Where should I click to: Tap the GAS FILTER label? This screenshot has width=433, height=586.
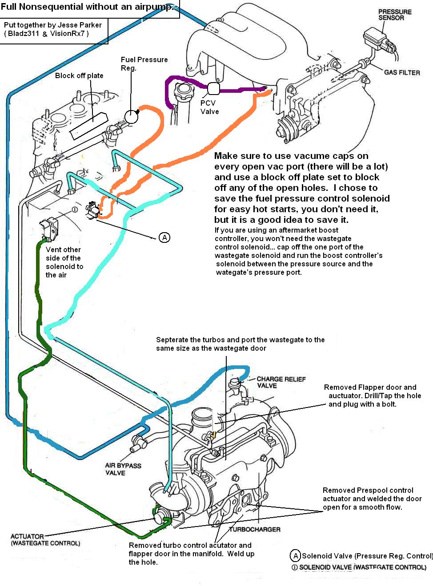pyautogui.click(x=402, y=72)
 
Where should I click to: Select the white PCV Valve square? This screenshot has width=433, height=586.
pyautogui.click(x=213, y=89)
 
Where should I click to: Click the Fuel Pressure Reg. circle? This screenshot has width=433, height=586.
pyautogui.click(x=132, y=116)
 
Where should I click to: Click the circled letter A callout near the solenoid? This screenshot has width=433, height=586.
pyautogui.click(x=164, y=238)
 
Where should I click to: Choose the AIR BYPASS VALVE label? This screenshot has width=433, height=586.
pyautogui.click(x=123, y=469)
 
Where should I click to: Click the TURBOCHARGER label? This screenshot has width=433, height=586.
pyautogui.click(x=255, y=529)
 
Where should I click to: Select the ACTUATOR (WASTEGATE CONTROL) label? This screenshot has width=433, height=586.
pyautogui.click(x=45, y=539)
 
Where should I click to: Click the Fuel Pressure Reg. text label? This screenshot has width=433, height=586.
pyautogui.click(x=144, y=63)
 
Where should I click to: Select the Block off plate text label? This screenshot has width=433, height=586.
pyautogui.click(x=79, y=75)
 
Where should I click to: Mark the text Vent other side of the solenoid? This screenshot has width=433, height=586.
pyautogui.click(x=64, y=262)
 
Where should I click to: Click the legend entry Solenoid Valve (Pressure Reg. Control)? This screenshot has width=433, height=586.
pyautogui.click(x=367, y=556)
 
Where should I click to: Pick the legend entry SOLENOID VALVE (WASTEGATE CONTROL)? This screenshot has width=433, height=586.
pyautogui.click(x=362, y=567)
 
